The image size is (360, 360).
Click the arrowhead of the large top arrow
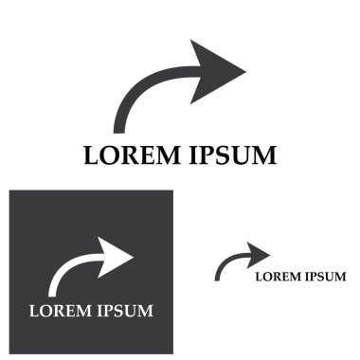pyautogui.click(x=216, y=71)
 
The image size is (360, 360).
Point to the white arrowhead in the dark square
pyautogui.click(x=116, y=256)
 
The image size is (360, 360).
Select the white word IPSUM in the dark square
pyautogui.click(x=122, y=311)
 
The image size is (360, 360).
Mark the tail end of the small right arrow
pyautogui.click(x=218, y=277)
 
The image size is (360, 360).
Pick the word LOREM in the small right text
pyautogui.click(x=277, y=277)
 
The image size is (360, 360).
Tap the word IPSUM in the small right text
pyautogui.click(x=323, y=277)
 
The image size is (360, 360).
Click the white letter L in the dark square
pyautogui.click(x=34, y=311)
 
